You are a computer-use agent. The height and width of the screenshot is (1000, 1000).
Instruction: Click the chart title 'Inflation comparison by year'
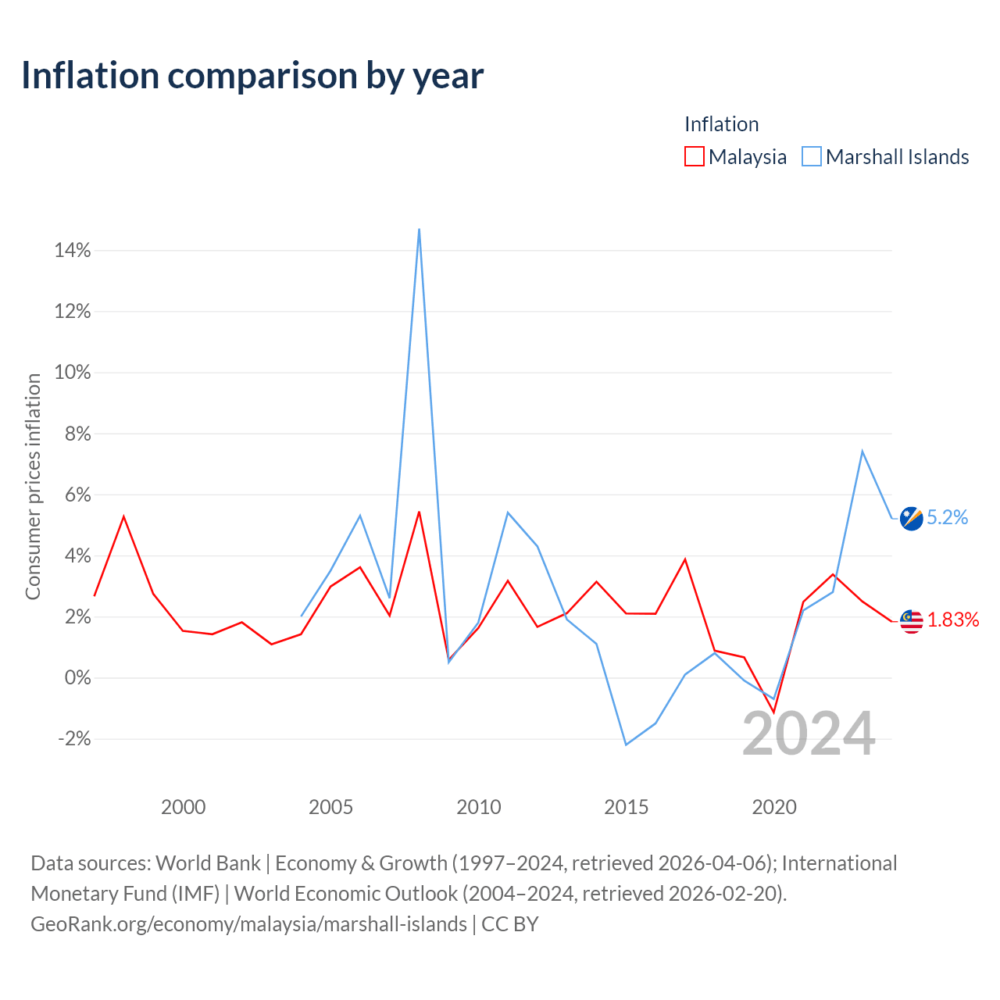[252, 75]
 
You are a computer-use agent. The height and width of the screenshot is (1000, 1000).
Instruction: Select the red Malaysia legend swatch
[694, 156]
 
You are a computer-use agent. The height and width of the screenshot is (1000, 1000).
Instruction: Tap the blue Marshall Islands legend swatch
[812, 156]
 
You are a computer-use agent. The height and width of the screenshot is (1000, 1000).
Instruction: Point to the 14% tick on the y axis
[73, 251]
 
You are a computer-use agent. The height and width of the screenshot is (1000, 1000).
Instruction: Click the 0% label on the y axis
[77, 678]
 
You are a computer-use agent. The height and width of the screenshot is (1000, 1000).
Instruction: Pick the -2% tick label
[74, 739]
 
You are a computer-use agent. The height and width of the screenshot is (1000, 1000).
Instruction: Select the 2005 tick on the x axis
[330, 807]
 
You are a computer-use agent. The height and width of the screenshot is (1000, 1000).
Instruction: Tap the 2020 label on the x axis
[773, 807]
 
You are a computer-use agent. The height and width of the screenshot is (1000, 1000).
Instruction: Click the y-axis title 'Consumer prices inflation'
[33, 487]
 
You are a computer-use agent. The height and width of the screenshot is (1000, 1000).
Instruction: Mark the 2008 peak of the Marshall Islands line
[420, 230]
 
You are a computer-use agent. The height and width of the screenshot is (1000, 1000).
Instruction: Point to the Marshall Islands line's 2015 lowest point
[626, 745]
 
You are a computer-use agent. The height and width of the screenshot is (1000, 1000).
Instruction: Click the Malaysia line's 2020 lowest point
[773, 712]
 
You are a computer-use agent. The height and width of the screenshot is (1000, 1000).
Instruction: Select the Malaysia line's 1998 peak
[123, 516]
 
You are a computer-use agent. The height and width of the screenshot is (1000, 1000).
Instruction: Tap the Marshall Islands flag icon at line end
[911, 518]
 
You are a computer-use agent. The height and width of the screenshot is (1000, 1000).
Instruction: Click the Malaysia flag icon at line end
[911, 621]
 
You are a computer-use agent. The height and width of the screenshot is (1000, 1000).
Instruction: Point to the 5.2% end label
[947, 518]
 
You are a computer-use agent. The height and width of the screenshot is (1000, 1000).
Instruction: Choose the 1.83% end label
[952, 620]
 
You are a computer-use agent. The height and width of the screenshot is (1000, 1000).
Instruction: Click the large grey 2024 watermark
[809, 734]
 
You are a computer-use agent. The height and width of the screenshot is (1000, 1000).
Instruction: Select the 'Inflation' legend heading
[721, 124]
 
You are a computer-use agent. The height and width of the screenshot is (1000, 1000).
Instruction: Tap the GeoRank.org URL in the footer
[248, 924]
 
